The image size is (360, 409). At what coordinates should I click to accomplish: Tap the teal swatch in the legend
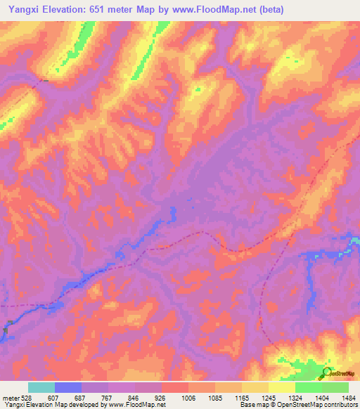click(41, 387)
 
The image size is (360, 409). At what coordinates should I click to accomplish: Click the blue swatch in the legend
click(68, 387)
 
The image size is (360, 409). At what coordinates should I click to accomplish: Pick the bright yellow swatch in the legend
click(282, 387)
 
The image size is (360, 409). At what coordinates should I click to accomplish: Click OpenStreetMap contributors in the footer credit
click(323, 405)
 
